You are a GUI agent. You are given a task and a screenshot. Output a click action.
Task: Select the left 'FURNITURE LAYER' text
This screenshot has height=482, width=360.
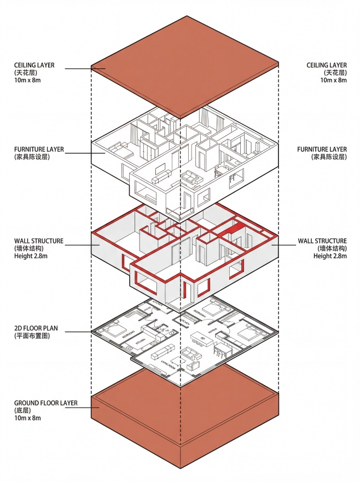tap(38, 149)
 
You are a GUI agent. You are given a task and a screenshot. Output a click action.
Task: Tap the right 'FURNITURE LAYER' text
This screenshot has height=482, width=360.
tap(322, 149)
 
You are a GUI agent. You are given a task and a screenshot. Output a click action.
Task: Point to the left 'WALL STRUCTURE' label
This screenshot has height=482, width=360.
tap(38, 241)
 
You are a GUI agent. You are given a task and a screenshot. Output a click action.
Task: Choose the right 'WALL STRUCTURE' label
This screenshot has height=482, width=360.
tap(322, 241)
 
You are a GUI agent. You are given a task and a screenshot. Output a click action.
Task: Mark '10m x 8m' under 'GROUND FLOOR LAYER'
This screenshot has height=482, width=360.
tap(28, 418)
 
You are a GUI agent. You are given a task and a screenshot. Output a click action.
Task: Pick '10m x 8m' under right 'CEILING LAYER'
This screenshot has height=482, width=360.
tap(333, 80)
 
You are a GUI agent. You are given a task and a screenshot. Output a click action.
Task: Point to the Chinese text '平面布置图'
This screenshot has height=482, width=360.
tap(32, 336)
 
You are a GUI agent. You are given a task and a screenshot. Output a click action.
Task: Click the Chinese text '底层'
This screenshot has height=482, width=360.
tap(23, 410)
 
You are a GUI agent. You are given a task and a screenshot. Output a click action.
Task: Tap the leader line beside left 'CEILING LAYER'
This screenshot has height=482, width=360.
tap(76, 68)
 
